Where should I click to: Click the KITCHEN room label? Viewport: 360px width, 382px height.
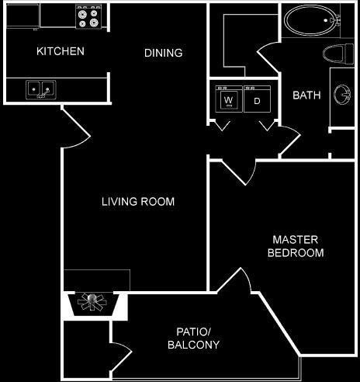[x=61, y=52]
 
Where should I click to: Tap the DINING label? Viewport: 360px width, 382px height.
[x=164, y=54]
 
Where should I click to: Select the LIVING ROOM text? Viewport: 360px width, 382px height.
[x=138, y=202]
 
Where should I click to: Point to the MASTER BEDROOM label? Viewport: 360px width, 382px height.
[x=295, y=246]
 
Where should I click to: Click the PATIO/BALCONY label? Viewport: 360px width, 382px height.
[x=193, y=339]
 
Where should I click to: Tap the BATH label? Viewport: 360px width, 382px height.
[x=306, y=95]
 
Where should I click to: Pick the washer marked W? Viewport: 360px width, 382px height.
[x=229, y=100]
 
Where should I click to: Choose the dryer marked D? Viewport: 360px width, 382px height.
[x=255, y=100]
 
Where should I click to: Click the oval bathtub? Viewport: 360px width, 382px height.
[x=308, y=21]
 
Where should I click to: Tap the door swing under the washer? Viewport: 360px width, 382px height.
[x=223, y=124]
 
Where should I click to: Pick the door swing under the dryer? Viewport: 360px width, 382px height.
[x=267, y=124]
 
